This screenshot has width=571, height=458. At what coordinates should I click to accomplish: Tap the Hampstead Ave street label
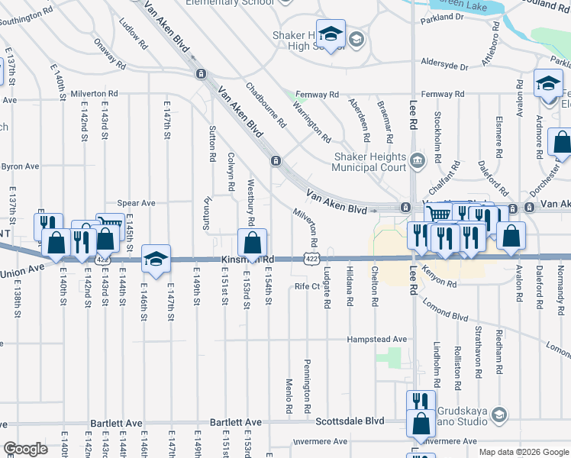(x=377, y=339)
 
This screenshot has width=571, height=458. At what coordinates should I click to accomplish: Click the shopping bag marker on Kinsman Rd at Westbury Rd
(x=252, y=244)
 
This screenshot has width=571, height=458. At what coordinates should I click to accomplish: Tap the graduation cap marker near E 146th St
(x=156, y=259)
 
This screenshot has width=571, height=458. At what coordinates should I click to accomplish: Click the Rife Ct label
(x=305, y=287)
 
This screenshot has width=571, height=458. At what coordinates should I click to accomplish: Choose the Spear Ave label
(x=137, y=203)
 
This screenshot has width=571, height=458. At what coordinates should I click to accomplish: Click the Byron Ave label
(x=21, y=166)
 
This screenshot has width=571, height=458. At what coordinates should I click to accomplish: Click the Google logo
(x=26, y=449)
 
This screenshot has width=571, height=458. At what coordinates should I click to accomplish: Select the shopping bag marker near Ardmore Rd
(x=562, y=143)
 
